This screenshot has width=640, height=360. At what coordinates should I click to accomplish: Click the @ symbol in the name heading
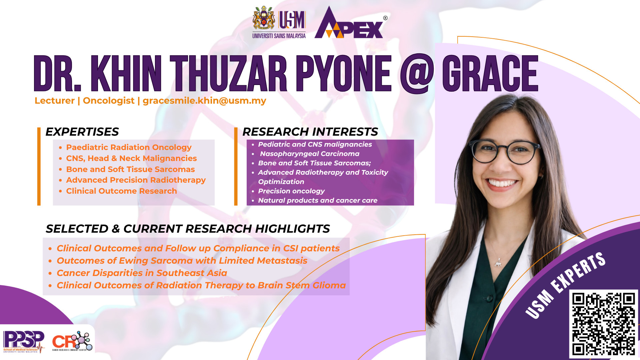(x=417, y=74)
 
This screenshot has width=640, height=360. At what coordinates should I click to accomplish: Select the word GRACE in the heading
(x=490, y=73)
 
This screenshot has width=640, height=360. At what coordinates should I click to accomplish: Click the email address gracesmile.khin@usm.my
(x=204, y=101)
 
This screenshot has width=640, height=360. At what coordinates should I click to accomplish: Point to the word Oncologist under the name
(x=109, y=101)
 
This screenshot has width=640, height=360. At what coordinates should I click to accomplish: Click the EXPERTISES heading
(x=82, y=132)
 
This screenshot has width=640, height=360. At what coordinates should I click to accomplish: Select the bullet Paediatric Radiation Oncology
(x=129, y=147)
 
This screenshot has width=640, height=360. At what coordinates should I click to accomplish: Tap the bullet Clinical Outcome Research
(x=121, y=191)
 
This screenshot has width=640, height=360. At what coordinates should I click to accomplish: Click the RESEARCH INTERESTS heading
(x=310, y=132)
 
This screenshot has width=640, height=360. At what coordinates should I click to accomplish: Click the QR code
(x=603, y=324)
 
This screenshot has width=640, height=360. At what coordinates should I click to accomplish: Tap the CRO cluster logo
(x=72, y=341)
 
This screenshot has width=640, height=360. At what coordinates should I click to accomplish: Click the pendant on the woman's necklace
(x=498, y=264)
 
